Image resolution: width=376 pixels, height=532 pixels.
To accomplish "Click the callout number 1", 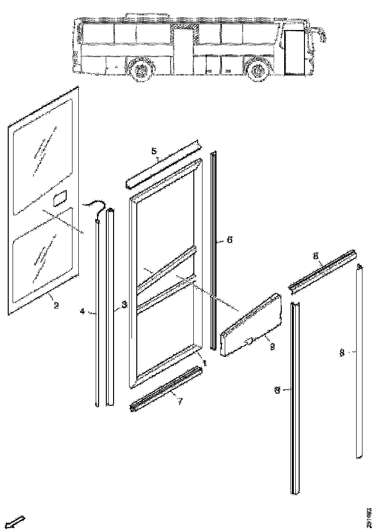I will (x=205, y=362).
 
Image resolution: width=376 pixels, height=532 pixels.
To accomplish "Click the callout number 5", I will (x=154, y=151).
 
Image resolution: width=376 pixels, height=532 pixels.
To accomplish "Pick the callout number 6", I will (x=229, y=240).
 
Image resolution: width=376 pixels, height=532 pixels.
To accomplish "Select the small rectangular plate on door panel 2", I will (x=60, y=199).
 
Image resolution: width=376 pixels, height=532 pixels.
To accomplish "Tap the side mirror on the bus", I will (x=321, y=34).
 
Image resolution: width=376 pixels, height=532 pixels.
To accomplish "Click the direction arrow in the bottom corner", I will (x=15, y=522).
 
